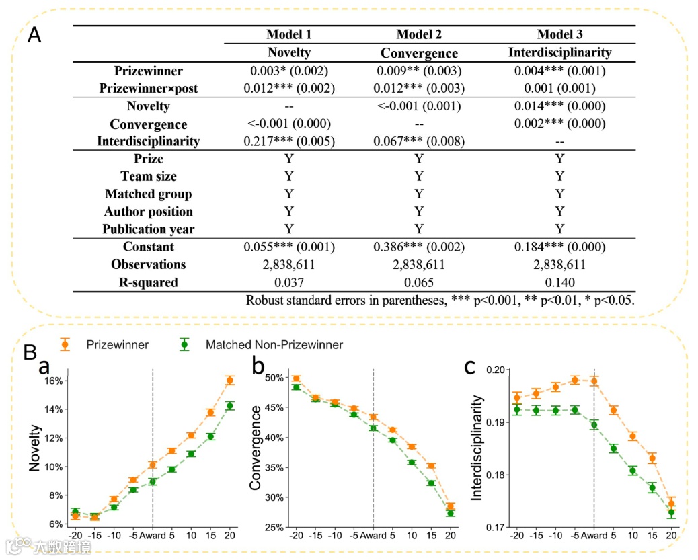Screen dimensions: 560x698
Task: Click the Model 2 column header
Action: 419,35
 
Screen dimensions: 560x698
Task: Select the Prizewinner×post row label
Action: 149,88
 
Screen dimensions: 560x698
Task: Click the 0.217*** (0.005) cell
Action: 288,141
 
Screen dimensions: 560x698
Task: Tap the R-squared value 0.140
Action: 559,282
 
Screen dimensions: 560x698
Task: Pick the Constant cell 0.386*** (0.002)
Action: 418,247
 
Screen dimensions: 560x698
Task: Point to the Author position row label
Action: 149,212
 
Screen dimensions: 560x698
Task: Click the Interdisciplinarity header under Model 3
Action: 559,52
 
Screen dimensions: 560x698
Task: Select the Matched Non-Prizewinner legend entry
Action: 274,345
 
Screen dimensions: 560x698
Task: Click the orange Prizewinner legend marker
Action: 65,344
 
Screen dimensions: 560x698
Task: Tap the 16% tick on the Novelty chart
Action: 54,381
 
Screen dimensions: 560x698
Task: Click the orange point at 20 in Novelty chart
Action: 229,381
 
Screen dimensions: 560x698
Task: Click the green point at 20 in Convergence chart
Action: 451,514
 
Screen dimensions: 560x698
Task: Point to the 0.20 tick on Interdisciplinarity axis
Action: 494,370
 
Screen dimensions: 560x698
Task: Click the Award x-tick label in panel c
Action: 594,536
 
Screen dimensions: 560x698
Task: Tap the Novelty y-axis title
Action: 35,448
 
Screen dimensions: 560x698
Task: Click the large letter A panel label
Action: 34,35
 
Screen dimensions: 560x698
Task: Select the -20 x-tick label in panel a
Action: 75,536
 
